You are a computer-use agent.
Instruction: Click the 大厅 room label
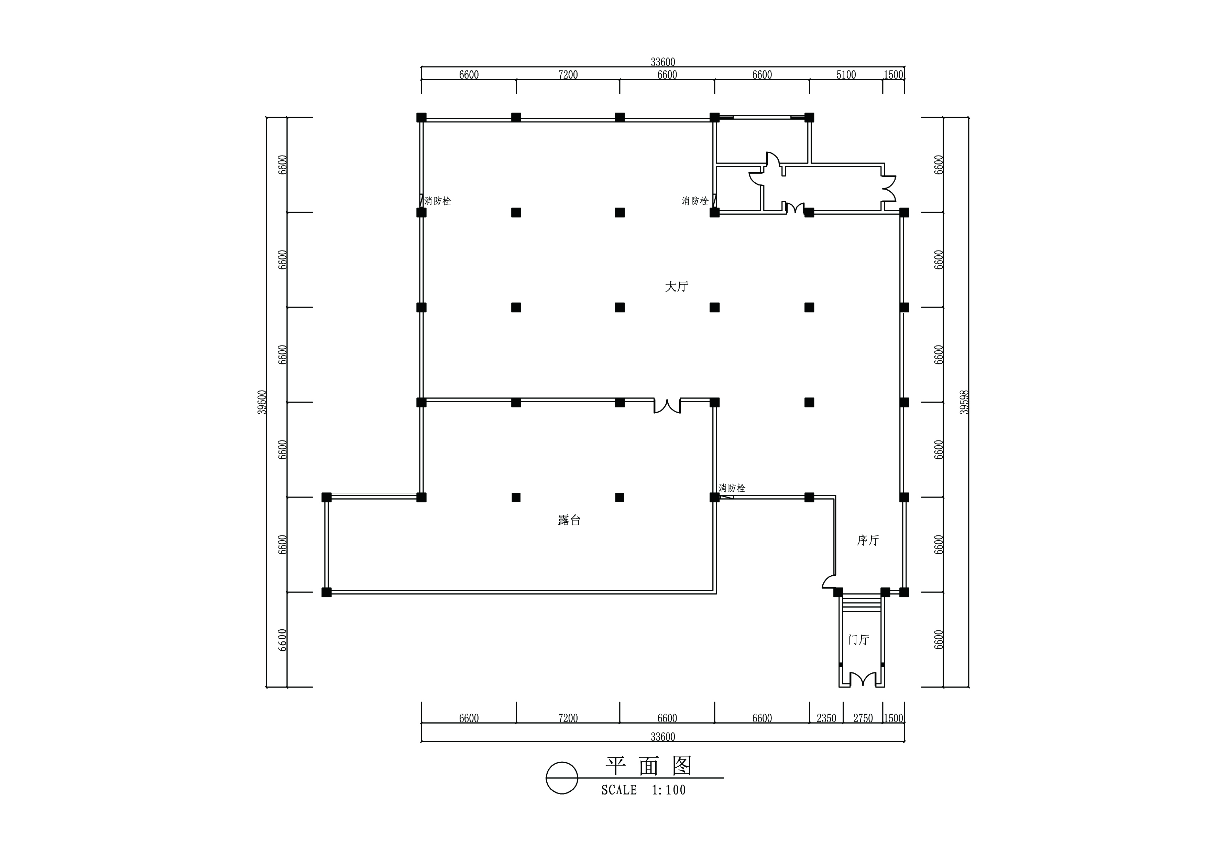pyautogui.click(x=677, y=286)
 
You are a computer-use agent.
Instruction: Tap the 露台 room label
pyautogui.click(x=569, y=520)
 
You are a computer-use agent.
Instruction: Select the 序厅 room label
pyautogui.click(x=868, y=540)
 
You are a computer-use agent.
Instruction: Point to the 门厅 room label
pyautogui.click(x=859, y=640)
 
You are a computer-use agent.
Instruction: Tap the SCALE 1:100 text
pyautogui.click(x=644, y=790)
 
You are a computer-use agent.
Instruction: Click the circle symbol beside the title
pyautogui.click(x=562, y=778)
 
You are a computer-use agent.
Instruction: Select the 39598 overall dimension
pyautogui.click(x=964, y=402)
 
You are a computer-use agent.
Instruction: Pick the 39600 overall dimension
pyautogui.click(x=262, y=402)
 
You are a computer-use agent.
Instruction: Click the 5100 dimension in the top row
pyautogui.click(x=846, y=75)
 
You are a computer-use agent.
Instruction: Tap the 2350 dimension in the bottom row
pyautogui.click(x=826, y=718)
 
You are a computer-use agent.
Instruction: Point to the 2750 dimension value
pyautogui.click(x=863, y=718)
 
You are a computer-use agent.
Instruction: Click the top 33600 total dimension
pyautogui.click(x=663, y=62)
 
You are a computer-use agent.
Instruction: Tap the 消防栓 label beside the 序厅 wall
pyautogui.click(x=732, y=488)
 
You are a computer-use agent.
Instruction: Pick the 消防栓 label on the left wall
pyautogui.click(x=438, y=201)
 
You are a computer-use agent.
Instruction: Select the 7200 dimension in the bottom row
pyautogui.click(x=568, y=718)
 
